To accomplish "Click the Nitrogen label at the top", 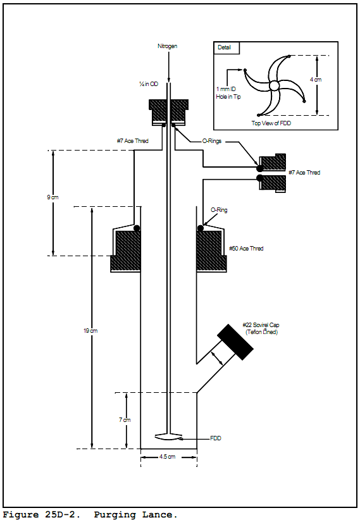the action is (167, 46).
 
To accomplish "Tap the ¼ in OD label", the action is (149, 84).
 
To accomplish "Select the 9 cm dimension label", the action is (53, 197).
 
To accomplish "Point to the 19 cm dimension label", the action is (90, 331).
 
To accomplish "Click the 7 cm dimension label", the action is (125, 420).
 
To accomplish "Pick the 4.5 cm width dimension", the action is (167, 457).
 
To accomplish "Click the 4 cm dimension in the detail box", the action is (316, 80).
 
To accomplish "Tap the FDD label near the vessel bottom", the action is (215, 438).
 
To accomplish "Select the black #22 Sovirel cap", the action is (235, 342).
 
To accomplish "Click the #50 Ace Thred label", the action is (246, 249).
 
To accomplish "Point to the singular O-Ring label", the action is (219, 210).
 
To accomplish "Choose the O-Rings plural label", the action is (212, 141).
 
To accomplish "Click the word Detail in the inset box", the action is (224, 47).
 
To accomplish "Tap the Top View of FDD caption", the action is (271, 123).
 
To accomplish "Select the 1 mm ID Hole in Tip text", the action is (228, 93).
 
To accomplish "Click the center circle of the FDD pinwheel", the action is (274, 86).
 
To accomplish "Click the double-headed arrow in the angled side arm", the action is (217, 359).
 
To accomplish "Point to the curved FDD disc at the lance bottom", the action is (169, 437).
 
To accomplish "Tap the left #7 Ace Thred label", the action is (132, 141).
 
